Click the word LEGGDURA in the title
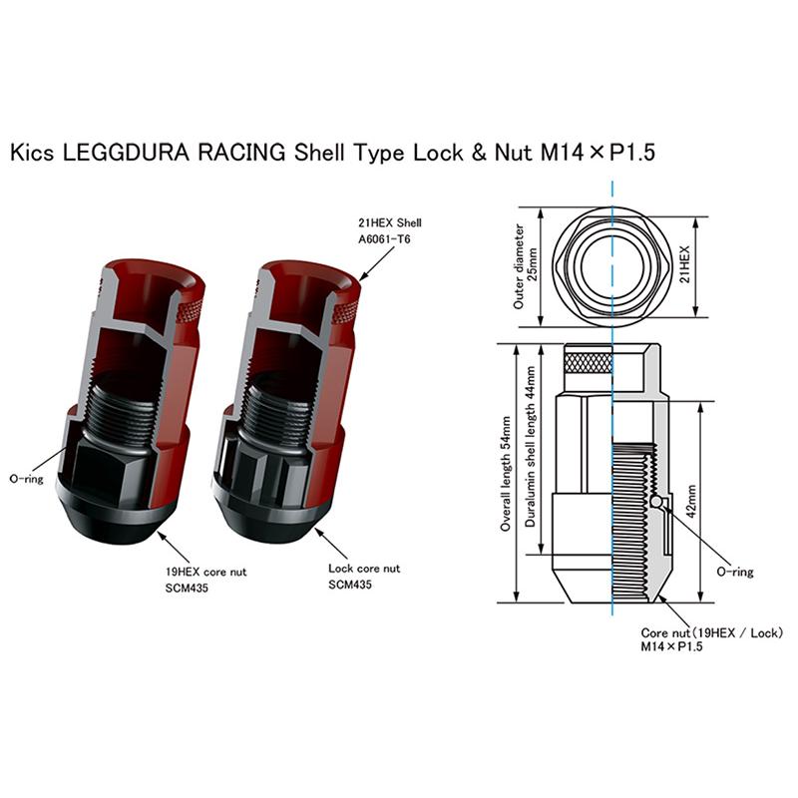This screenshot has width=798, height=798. click(126, 153)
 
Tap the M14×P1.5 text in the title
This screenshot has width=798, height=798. click(598, 153)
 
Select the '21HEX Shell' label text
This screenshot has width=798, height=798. click(390, 222)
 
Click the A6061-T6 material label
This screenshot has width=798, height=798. click(384, 239)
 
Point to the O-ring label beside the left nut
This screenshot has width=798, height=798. click(27, 479)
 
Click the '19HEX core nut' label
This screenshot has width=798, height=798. click(205, 572)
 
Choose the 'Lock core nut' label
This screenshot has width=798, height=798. click(364, 569)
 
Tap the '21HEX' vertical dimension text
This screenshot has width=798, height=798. click(684, 264)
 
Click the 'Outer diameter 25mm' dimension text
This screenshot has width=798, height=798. click(525, 266)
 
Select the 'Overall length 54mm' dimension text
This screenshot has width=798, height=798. click(505, 474)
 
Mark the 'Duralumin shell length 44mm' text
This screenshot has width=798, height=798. click(530, 446)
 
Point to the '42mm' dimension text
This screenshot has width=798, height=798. click(690, 501)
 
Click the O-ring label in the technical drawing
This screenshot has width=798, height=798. click(734, 572)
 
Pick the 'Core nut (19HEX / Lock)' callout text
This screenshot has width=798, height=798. click(711, 633)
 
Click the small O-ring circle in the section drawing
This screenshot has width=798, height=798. click(656, 502)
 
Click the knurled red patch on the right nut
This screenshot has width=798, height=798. click(344, 311)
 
